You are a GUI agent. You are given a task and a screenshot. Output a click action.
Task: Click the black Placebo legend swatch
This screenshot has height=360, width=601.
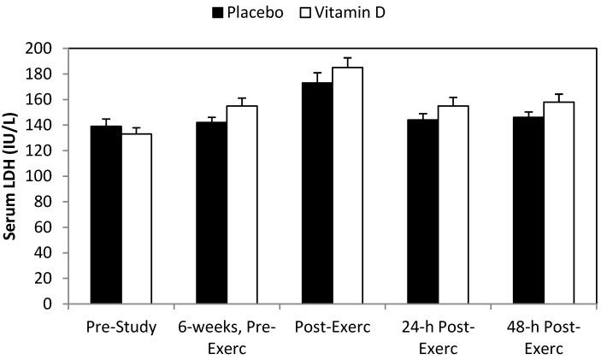[218, 13]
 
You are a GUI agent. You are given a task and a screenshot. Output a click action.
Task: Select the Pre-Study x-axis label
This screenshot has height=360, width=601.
[121, 328]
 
